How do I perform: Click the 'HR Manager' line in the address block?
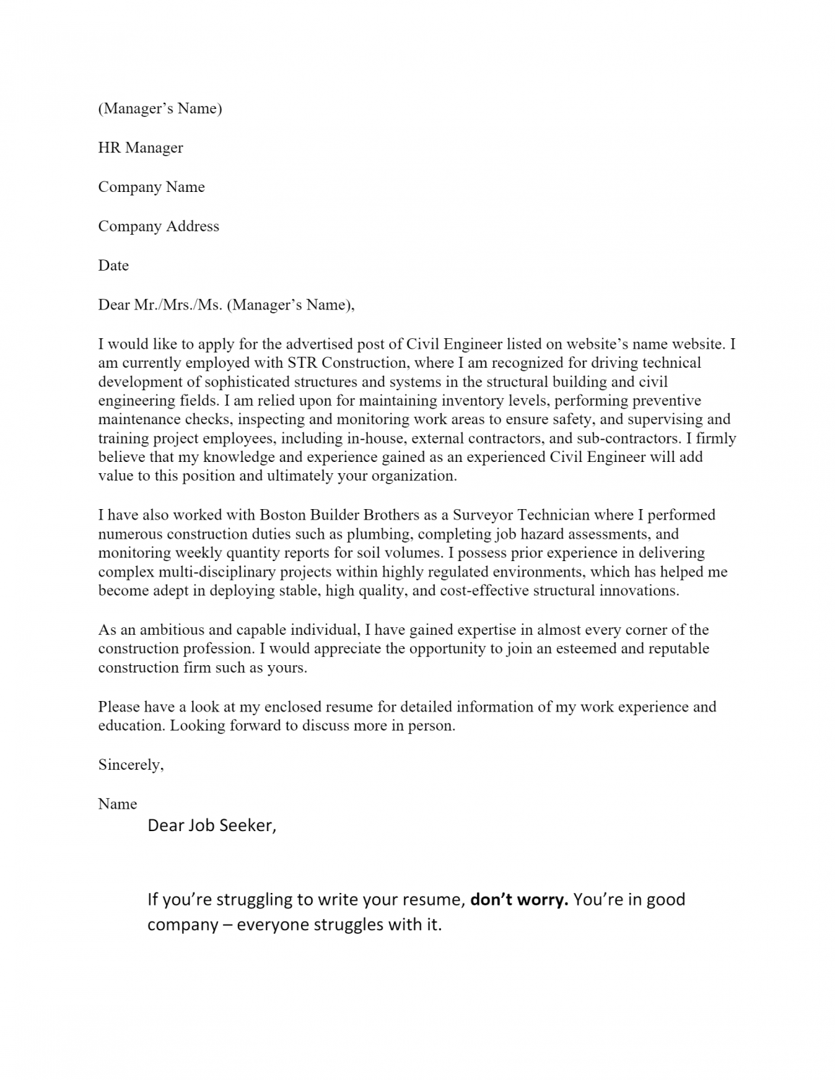point(140,148)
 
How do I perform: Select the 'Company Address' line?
point(158,226)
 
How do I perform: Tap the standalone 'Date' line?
point(113,266)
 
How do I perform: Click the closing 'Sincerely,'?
point(131,765)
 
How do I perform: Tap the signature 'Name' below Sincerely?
point(117,804)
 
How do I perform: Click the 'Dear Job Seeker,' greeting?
point(212,825)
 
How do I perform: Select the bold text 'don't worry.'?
point(518,899)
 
